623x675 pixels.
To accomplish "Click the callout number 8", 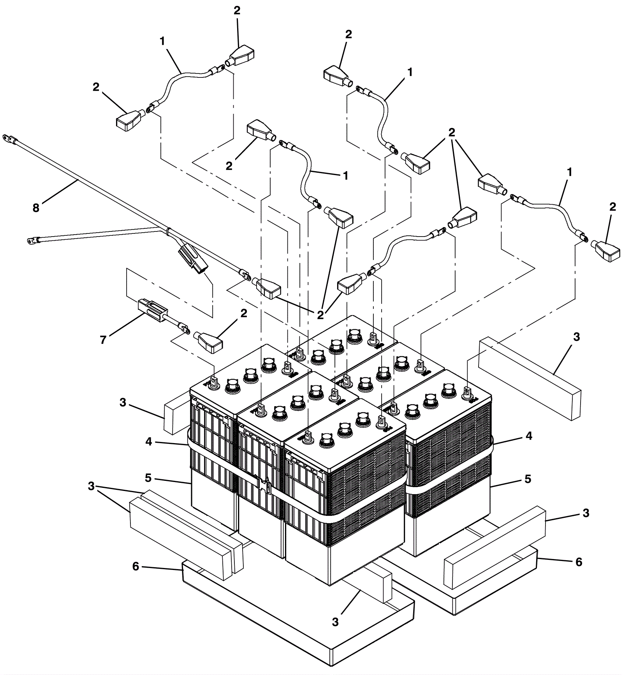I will (x=36, y=208).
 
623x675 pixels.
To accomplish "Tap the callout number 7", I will (x=103, y=340).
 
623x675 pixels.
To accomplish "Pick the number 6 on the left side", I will (x=136, y=566).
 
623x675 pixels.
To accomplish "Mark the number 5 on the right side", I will (x=528, y=479).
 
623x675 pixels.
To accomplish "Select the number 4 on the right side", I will (x=528, y=436).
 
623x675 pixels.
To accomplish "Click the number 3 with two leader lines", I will (x=91, y=486).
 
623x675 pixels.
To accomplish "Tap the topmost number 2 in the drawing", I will (x=237, y=11).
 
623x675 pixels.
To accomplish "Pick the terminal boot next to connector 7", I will (x=209, y=342).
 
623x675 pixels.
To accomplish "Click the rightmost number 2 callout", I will (x=612, y=207).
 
